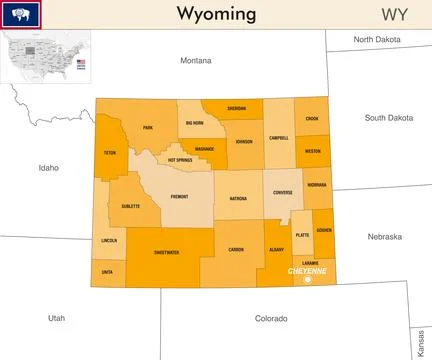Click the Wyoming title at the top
pyautogui.click(x=216, y=14)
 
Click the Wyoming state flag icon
pyautogui.click(x=20, y=14)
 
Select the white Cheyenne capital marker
pyautogui.click(x=308, y=280)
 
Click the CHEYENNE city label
pyautogui.click(x=305, y=271)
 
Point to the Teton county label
pyautogui.click(x=109, y=154)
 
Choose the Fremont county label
pyautogui.click(x=179, y=197)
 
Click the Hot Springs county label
pyautogui.click(x=180, y=160)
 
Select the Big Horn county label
pyautogui.click(x=194, y=123)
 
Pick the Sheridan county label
pyautogui.click(x=236, y=107)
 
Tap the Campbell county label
pyautogui.click(x=278, y=138)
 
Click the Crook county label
pyautogui.click(x=312, y=118)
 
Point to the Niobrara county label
pyautogui.click(x=317, y=185)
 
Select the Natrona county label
pyautogui.click(x=237, y=199)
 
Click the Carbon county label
pyautogui.click(x=236, y=249)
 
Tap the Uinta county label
pyautogui.click(x=107, y=271)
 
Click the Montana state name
pyautogui.click(x=196, y=60)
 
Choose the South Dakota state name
pyautogui.click(x=389, y=117)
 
